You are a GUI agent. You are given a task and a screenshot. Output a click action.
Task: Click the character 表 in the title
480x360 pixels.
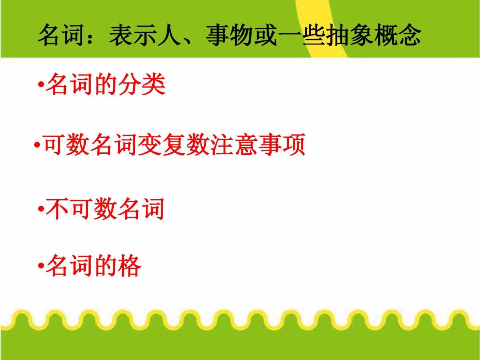pos(121,35)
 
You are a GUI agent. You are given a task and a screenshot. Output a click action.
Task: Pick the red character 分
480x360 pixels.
pos(130,84)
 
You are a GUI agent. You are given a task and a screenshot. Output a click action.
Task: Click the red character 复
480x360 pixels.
pos(174,144)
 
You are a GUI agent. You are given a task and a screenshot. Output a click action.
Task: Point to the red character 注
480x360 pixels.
pos(222,144)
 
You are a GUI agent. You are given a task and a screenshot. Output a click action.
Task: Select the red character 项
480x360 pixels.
pos(294,144)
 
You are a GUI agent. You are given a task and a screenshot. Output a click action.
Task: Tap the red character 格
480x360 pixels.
pos(129,265)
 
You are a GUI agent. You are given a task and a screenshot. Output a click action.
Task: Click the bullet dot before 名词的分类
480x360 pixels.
pos(41,84)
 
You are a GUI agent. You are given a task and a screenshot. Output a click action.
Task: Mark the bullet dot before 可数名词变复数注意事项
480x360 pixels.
pos(37,145)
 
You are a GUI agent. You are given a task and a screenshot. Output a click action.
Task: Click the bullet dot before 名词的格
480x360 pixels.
pos(41,266)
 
